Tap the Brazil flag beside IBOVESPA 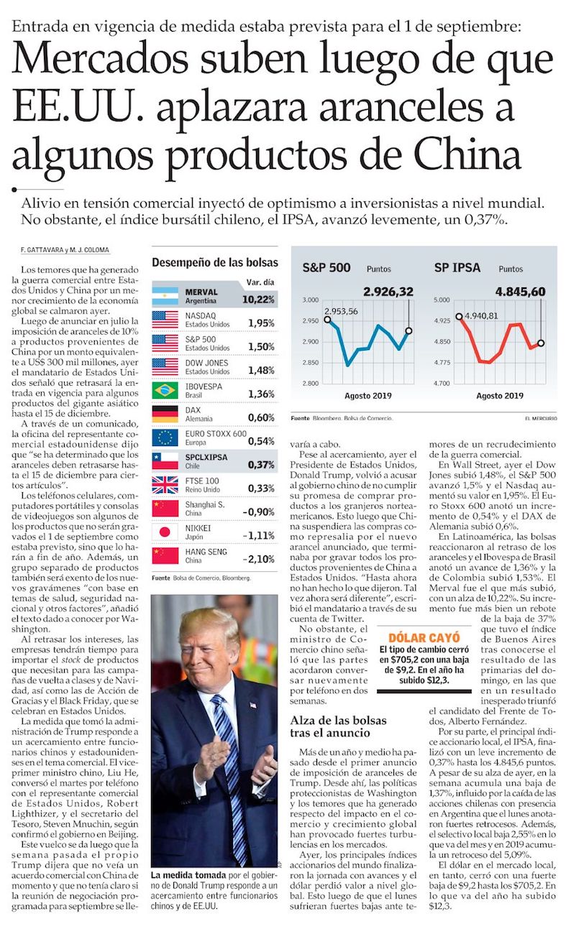pyautogui.click(x=165, y=390)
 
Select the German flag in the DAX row pyautogui.click(x=165, y=414)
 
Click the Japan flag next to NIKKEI pyautogui.click(x=165, y=532)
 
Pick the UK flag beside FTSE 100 pyautogui.click(x=165, y=484)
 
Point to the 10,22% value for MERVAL pyautogui.click(x=258, y=299)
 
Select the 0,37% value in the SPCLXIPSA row pyautogui.click(x=262, y=465)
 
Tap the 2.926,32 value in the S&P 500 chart pyautogui.click(x=388, y=292)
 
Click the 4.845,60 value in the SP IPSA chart pyautogui.click(x=519, y=292)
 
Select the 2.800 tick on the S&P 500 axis pyautogui.click(x=310, y=384)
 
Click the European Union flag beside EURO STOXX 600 pyautogui.click(x=165, y=438)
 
